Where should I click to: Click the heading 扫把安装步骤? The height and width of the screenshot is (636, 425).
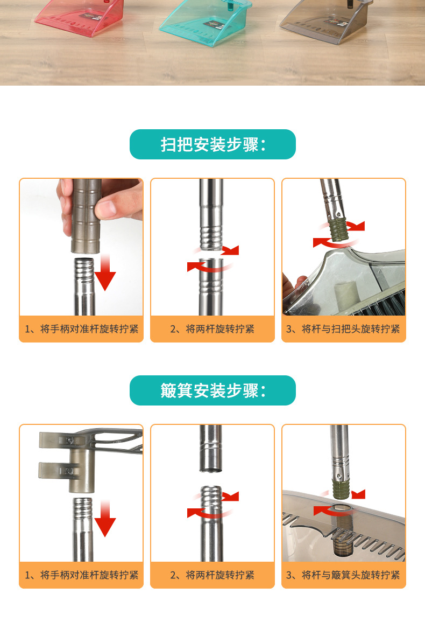(212, 144)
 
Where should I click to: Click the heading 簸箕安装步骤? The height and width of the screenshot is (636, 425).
(212, 390)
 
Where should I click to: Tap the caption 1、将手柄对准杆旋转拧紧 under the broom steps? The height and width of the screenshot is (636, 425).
(81, 329)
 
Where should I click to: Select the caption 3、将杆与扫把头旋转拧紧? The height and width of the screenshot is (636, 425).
(343, 329)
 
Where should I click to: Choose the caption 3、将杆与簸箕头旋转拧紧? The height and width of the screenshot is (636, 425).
(343, 575)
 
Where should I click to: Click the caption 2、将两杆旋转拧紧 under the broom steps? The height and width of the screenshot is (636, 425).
(212, 329)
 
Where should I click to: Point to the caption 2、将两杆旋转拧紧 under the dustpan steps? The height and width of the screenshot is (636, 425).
(212, 575)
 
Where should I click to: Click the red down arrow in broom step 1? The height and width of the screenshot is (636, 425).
(105, 272)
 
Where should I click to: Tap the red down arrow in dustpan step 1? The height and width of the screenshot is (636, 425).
(105, 519)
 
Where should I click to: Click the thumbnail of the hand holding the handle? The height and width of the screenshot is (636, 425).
(81, 247)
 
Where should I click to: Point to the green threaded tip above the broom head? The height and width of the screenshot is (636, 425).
(339, 229)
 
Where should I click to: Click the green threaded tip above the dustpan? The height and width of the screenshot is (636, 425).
(341, 488)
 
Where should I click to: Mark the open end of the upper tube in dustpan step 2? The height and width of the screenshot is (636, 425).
(211, 469)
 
